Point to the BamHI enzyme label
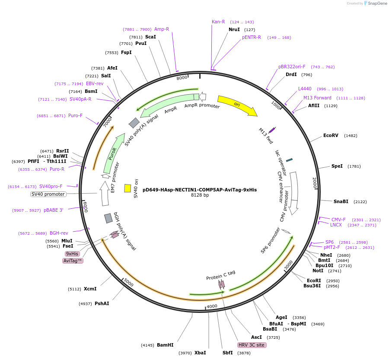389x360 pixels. tap(165, 345)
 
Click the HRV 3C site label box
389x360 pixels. tap(252, 345)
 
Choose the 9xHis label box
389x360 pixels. tap(72, 254)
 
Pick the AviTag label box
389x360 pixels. tap(73, 261)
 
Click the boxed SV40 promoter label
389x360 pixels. tap(48, 194)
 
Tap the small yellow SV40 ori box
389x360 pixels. tap(128, 188)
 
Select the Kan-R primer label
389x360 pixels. tap(218, 22)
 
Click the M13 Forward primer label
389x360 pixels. tap(317, 98)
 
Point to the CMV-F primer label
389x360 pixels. tap(338, 220)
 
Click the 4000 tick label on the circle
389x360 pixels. tap(212, 306)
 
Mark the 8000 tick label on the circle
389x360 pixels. tap(182, 77)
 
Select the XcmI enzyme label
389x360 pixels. tap(90, 289)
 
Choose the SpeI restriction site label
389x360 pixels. tap(337, 166)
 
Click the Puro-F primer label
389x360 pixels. tap(75, 115)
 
